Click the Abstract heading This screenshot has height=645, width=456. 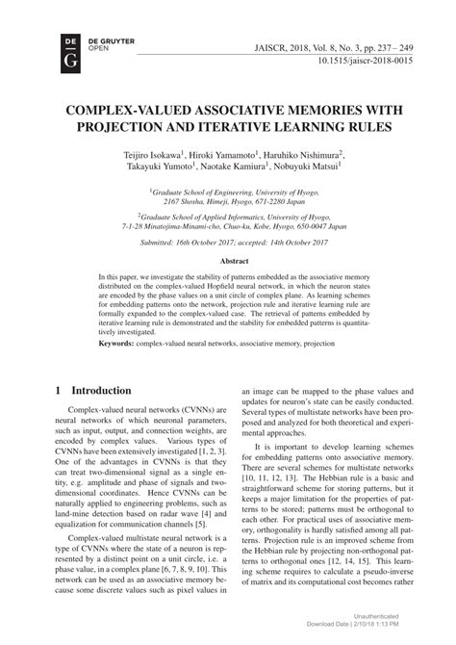coord(228,260)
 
